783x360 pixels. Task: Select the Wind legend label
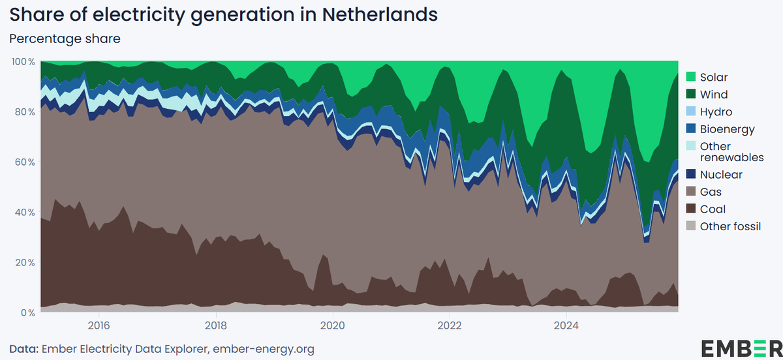tap(713, 95)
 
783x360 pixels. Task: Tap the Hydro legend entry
tap(716, 112)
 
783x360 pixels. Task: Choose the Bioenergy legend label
tap(727, 129)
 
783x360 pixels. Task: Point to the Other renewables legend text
tap(731, 151)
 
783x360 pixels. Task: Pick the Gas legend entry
tap(711, 192)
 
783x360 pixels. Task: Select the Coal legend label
tap(713, 209)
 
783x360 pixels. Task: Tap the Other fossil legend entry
tap(731, 226)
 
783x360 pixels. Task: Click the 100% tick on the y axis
tap(23, 61)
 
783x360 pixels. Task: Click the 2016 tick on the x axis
tap(99, 325)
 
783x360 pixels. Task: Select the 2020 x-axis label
tap(333, 325)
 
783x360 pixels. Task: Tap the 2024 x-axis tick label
tap(566, 325)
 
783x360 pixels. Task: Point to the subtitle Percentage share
tap(65, 38)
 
